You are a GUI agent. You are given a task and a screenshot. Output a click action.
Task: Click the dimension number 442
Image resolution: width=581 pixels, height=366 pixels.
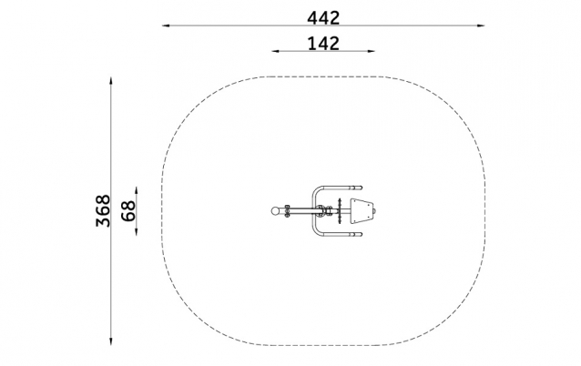pos(323,18)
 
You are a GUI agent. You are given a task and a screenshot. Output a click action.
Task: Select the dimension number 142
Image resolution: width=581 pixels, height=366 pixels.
pos(323,44)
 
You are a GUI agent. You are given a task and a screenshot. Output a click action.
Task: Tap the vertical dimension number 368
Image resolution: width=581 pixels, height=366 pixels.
pos(103,211)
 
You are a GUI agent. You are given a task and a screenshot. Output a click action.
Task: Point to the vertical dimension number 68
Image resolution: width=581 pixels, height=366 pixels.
pos(128,211)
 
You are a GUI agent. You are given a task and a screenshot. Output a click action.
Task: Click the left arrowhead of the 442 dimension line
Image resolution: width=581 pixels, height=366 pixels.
pos(166,25)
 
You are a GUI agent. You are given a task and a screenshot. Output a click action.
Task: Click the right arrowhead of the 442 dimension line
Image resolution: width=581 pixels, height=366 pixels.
pos(481,25)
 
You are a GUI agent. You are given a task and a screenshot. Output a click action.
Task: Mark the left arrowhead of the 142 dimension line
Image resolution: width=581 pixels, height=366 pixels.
pos(275,51)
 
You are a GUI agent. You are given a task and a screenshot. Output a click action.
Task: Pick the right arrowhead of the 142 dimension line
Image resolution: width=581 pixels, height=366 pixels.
pos(372,51)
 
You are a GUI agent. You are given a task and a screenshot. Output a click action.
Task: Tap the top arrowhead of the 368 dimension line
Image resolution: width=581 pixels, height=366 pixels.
pos(111,80)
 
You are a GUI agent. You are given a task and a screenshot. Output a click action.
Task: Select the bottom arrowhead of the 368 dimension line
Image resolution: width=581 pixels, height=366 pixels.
pos(111,341)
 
